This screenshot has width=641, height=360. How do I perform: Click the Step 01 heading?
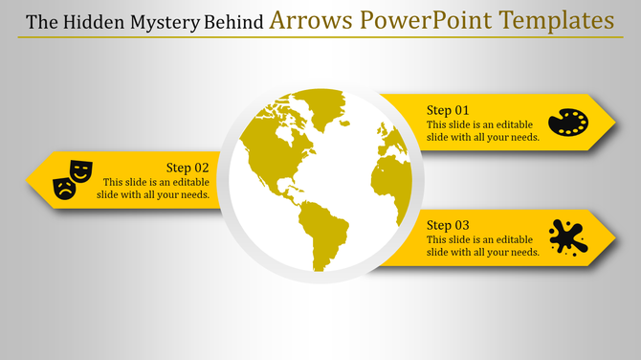click(x=448, y=110)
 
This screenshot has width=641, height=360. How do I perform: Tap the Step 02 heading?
click(x=188, y=168)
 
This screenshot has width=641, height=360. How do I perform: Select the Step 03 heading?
click(x=448, y=224)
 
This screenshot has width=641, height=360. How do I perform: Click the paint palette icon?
click(x=568, y=123)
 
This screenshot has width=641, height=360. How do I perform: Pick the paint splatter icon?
click(x=568, y=236)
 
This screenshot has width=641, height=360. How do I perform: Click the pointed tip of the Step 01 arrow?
click(x=612, y=123)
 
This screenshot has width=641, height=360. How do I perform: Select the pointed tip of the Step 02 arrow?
click(x=29, y=178)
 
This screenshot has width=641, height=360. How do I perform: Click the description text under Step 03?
click(x=483, y=245)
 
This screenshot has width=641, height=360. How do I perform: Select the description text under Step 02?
click(x=153, y=189)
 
